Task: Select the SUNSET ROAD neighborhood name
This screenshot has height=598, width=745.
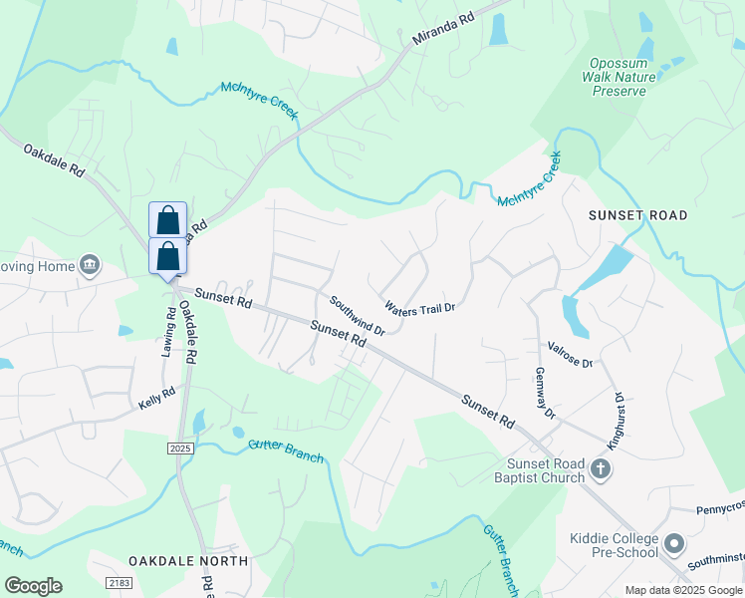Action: (637, 215)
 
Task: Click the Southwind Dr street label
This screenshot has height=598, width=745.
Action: (357, 316)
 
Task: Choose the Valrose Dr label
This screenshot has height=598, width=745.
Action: (570, 355)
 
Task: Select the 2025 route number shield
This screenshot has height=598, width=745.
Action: (180, 449)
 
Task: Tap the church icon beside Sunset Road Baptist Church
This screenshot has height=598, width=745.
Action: (601, 469)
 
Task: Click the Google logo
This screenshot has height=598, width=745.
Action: (33, 585)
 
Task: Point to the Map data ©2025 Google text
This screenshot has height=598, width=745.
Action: (682, 590)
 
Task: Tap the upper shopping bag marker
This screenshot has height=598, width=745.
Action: (167, 219)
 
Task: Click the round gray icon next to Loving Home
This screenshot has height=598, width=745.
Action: (90, 264)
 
